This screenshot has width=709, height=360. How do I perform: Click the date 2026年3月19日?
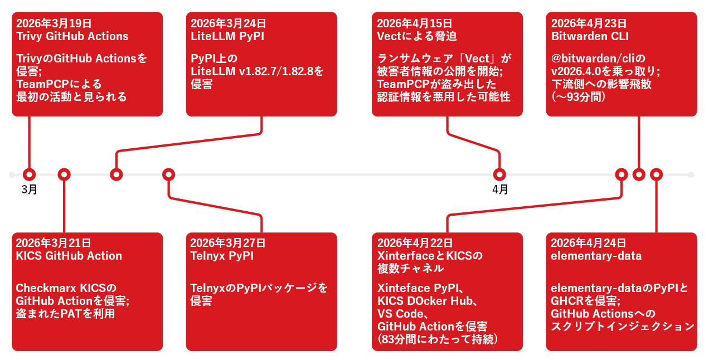tap(54, 23)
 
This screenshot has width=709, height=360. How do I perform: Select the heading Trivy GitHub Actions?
tap(72, 36)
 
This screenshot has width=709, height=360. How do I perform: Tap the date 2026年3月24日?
tap(228, 23)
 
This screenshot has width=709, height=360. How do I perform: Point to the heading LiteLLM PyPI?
tap(227, 36)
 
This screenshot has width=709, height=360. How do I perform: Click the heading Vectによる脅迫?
tap(417, 36)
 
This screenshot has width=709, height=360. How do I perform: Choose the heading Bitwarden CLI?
tap(590, 36)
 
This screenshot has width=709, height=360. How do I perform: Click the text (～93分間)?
tap(578, 97)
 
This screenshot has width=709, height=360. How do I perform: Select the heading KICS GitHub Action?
tap(69, 256)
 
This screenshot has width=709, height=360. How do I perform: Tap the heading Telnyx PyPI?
tap(222, 256)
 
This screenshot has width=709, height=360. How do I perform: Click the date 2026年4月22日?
tap(415, 243)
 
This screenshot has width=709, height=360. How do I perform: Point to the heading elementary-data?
tap(596, 256)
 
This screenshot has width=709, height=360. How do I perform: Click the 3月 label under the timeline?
tap(30, 189)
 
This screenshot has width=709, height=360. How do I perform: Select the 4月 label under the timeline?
tap(500, 189)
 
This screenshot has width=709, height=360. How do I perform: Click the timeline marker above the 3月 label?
tap(30, 174)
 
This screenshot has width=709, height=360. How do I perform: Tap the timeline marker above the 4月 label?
tap(499, 174)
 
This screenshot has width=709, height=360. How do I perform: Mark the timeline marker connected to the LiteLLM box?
tap(116, 174)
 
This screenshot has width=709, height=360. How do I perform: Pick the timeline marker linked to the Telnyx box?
tap(168, 174)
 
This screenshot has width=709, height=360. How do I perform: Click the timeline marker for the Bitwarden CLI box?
tap(639, 174)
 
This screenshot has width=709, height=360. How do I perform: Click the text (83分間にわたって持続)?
tap(438, 339)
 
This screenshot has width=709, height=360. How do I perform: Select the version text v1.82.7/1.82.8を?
tap(281, 71)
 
